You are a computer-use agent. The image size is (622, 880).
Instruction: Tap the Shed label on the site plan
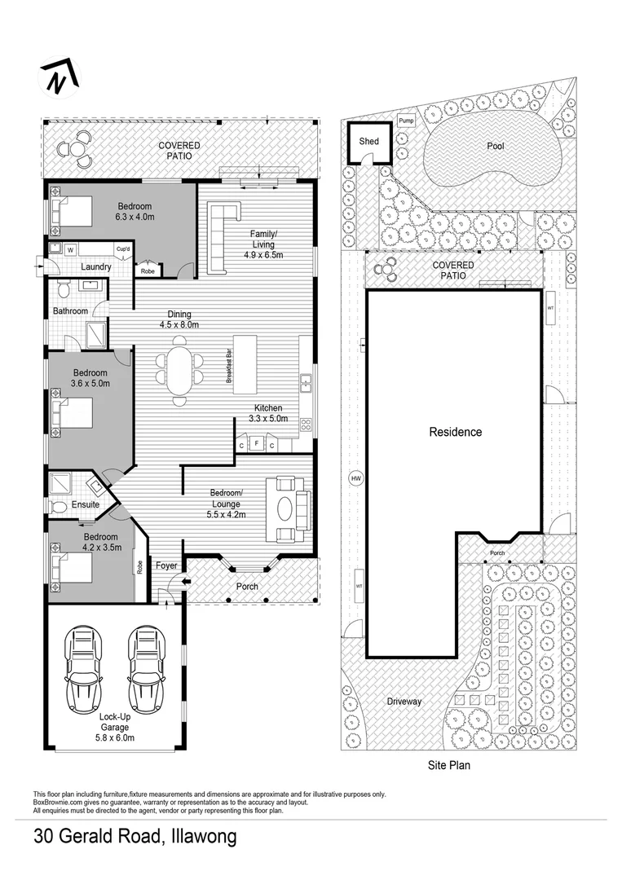369,142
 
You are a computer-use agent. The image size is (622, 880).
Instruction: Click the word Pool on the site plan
496,147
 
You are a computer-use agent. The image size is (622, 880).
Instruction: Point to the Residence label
456,433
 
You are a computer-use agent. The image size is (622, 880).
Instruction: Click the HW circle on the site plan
355,478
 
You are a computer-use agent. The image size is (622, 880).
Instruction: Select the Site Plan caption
449,766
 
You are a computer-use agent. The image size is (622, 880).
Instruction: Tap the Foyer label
166,565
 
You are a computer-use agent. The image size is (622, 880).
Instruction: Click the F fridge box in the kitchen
257,445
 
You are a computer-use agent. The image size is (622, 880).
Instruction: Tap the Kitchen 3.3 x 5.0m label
268,413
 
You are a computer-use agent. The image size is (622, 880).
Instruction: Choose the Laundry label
96,266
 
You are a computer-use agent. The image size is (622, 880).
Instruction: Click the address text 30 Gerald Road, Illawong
135,838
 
